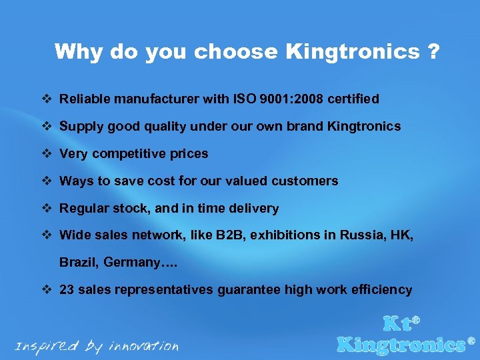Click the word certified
353,99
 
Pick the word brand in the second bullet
305,127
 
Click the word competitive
127,154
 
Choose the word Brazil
79,263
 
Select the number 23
67,290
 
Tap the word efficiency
381,290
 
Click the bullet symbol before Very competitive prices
47,154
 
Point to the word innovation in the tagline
145,346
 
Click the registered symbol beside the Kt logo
417,320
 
